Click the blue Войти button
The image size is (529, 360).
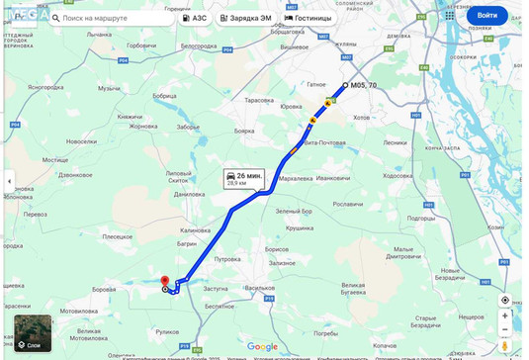pos(486,16)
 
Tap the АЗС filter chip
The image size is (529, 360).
pos(195,18)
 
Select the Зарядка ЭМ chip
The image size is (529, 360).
pos(245,18)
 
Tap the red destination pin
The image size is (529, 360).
pos(165,282)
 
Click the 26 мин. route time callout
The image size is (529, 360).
pos(243,178)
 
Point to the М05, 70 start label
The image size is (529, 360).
pos(364,86)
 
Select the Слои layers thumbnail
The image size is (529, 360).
pos(33,333)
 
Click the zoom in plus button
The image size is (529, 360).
pos(505,315)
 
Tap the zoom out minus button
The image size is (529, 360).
pos(505,329)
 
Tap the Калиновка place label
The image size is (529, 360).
pos(196,230)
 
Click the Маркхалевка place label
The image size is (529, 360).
pos(296,178)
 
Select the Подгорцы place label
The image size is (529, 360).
pos(422,218)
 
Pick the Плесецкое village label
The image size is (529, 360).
pos(118,236)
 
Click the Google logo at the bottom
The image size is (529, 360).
pos(262,346)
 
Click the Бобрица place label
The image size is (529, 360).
pos(164,96)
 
